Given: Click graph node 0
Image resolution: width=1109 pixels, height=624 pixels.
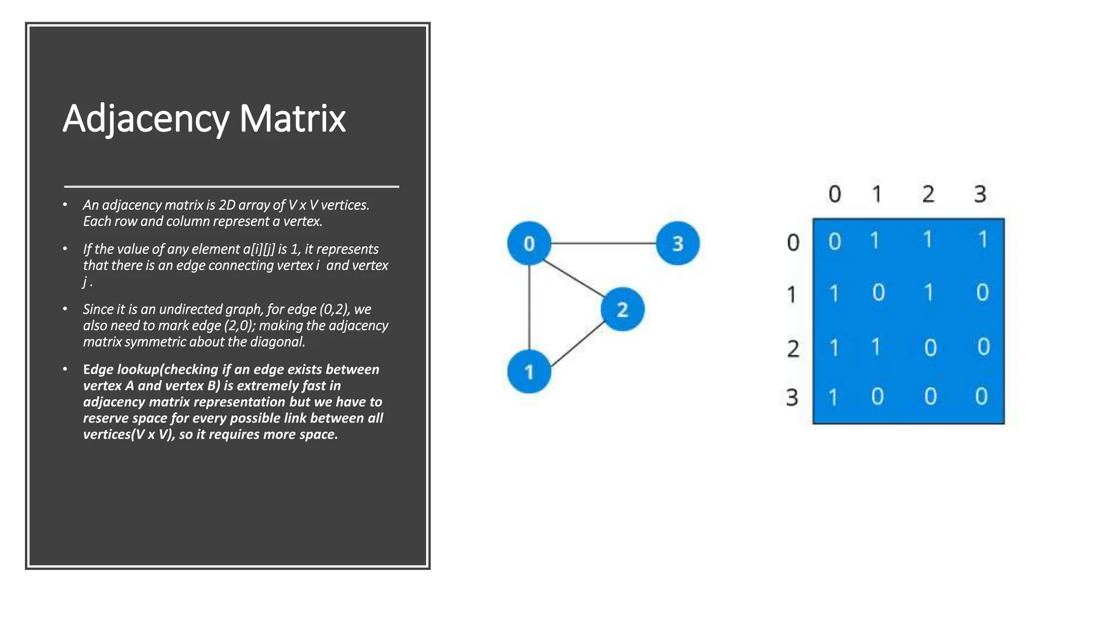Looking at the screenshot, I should pyautogui.click(x=529, y=243).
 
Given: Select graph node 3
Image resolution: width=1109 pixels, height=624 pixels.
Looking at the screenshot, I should pyautogui.click(x=677, y=243).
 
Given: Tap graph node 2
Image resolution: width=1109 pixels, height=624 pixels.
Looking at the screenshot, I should pyautogui.click(x=622, y=309).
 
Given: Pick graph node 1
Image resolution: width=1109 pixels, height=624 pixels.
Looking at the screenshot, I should pyautogui.click(x=529, y=372).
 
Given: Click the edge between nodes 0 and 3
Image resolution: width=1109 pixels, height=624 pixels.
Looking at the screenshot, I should pyautogui.click(x=603, y=243).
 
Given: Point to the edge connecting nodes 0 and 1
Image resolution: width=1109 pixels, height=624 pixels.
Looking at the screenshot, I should pyautogui.click(x=529, y=308).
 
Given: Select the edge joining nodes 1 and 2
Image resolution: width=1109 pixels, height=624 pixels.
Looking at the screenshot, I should pyautogui.click(x=577, y=344).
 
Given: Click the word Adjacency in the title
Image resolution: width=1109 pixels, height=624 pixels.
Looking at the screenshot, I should pyautogui.click(x=146, y=119).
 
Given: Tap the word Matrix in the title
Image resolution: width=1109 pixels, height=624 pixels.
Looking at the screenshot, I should pyautogui.click(x=292, y=119).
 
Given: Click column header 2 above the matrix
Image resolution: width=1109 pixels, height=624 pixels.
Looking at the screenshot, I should pyautogui.click(x=928, y=194).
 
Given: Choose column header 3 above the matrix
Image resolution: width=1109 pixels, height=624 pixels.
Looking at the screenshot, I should pyautogui.click(x=980, y=194).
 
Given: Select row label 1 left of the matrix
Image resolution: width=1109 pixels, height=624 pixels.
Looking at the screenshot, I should pyautogui.click(x=792, y=295).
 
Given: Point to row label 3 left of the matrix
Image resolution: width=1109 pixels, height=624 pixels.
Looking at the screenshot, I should pyautogui.click(x=792, y=398).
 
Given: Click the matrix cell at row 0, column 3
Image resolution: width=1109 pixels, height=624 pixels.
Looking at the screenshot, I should pyautogui.click(x=983, y=239).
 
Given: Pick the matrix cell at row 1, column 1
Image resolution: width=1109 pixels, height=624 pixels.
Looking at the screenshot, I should pyautogui.click(x=878, y=292).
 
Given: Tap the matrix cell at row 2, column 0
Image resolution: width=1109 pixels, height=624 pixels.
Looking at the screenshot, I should pyautogui.click(x=834, y=347).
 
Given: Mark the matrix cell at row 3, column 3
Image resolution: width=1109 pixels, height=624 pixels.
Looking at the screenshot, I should pyautogui.click(x=981, y=396).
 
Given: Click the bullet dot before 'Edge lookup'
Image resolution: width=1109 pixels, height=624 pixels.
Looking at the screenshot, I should pyautogui.click(x=65, y=369).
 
